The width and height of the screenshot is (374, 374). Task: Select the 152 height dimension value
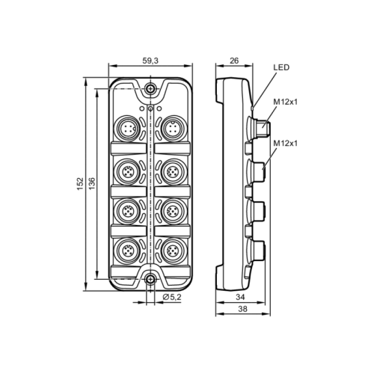(80, 184)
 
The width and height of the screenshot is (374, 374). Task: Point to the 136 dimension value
(92, 184)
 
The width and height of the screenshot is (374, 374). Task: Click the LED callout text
(282, 67)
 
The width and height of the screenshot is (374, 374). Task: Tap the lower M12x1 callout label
(285, 142)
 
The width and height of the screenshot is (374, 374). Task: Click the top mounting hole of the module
(151, 89)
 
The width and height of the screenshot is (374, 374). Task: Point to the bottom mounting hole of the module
(151, 280)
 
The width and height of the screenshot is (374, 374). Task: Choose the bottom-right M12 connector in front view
(174, 248)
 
